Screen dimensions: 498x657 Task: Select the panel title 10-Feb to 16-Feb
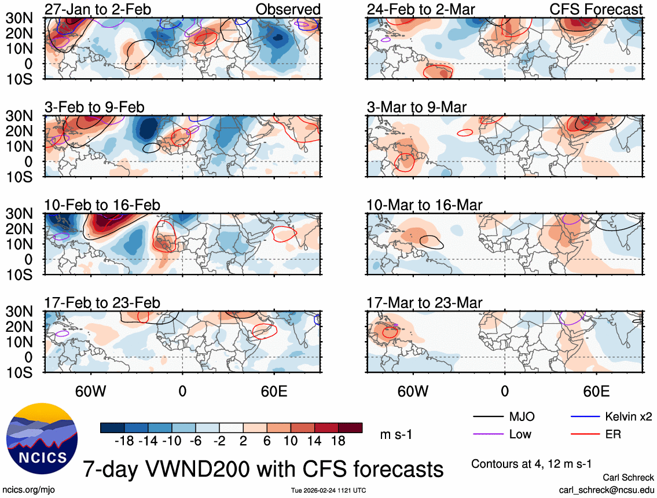(102, 205)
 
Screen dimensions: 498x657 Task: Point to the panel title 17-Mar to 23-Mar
(424, 303)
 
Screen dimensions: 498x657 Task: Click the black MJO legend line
(487, 417)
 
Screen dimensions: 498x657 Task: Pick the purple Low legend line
(487, 434)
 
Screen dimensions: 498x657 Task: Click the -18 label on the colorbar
(124, 441)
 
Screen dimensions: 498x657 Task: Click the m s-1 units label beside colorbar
(397, 434)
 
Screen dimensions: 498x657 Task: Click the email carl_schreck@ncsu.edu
(606, 490)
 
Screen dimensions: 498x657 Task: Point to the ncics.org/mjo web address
(27, 490)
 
